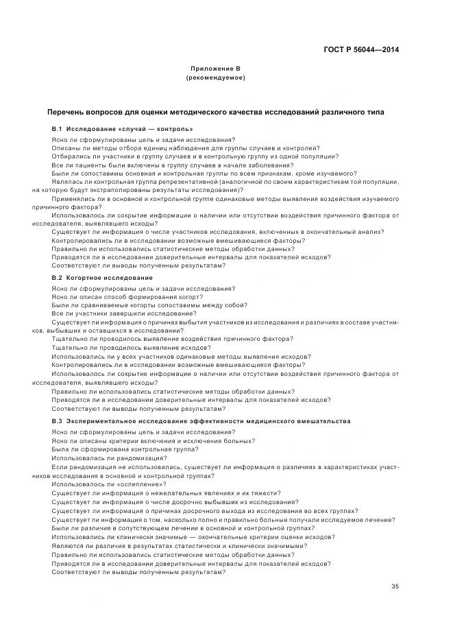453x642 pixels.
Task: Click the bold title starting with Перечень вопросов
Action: tap(215, 112)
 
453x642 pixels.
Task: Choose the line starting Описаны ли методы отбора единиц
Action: tap(185, 147)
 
